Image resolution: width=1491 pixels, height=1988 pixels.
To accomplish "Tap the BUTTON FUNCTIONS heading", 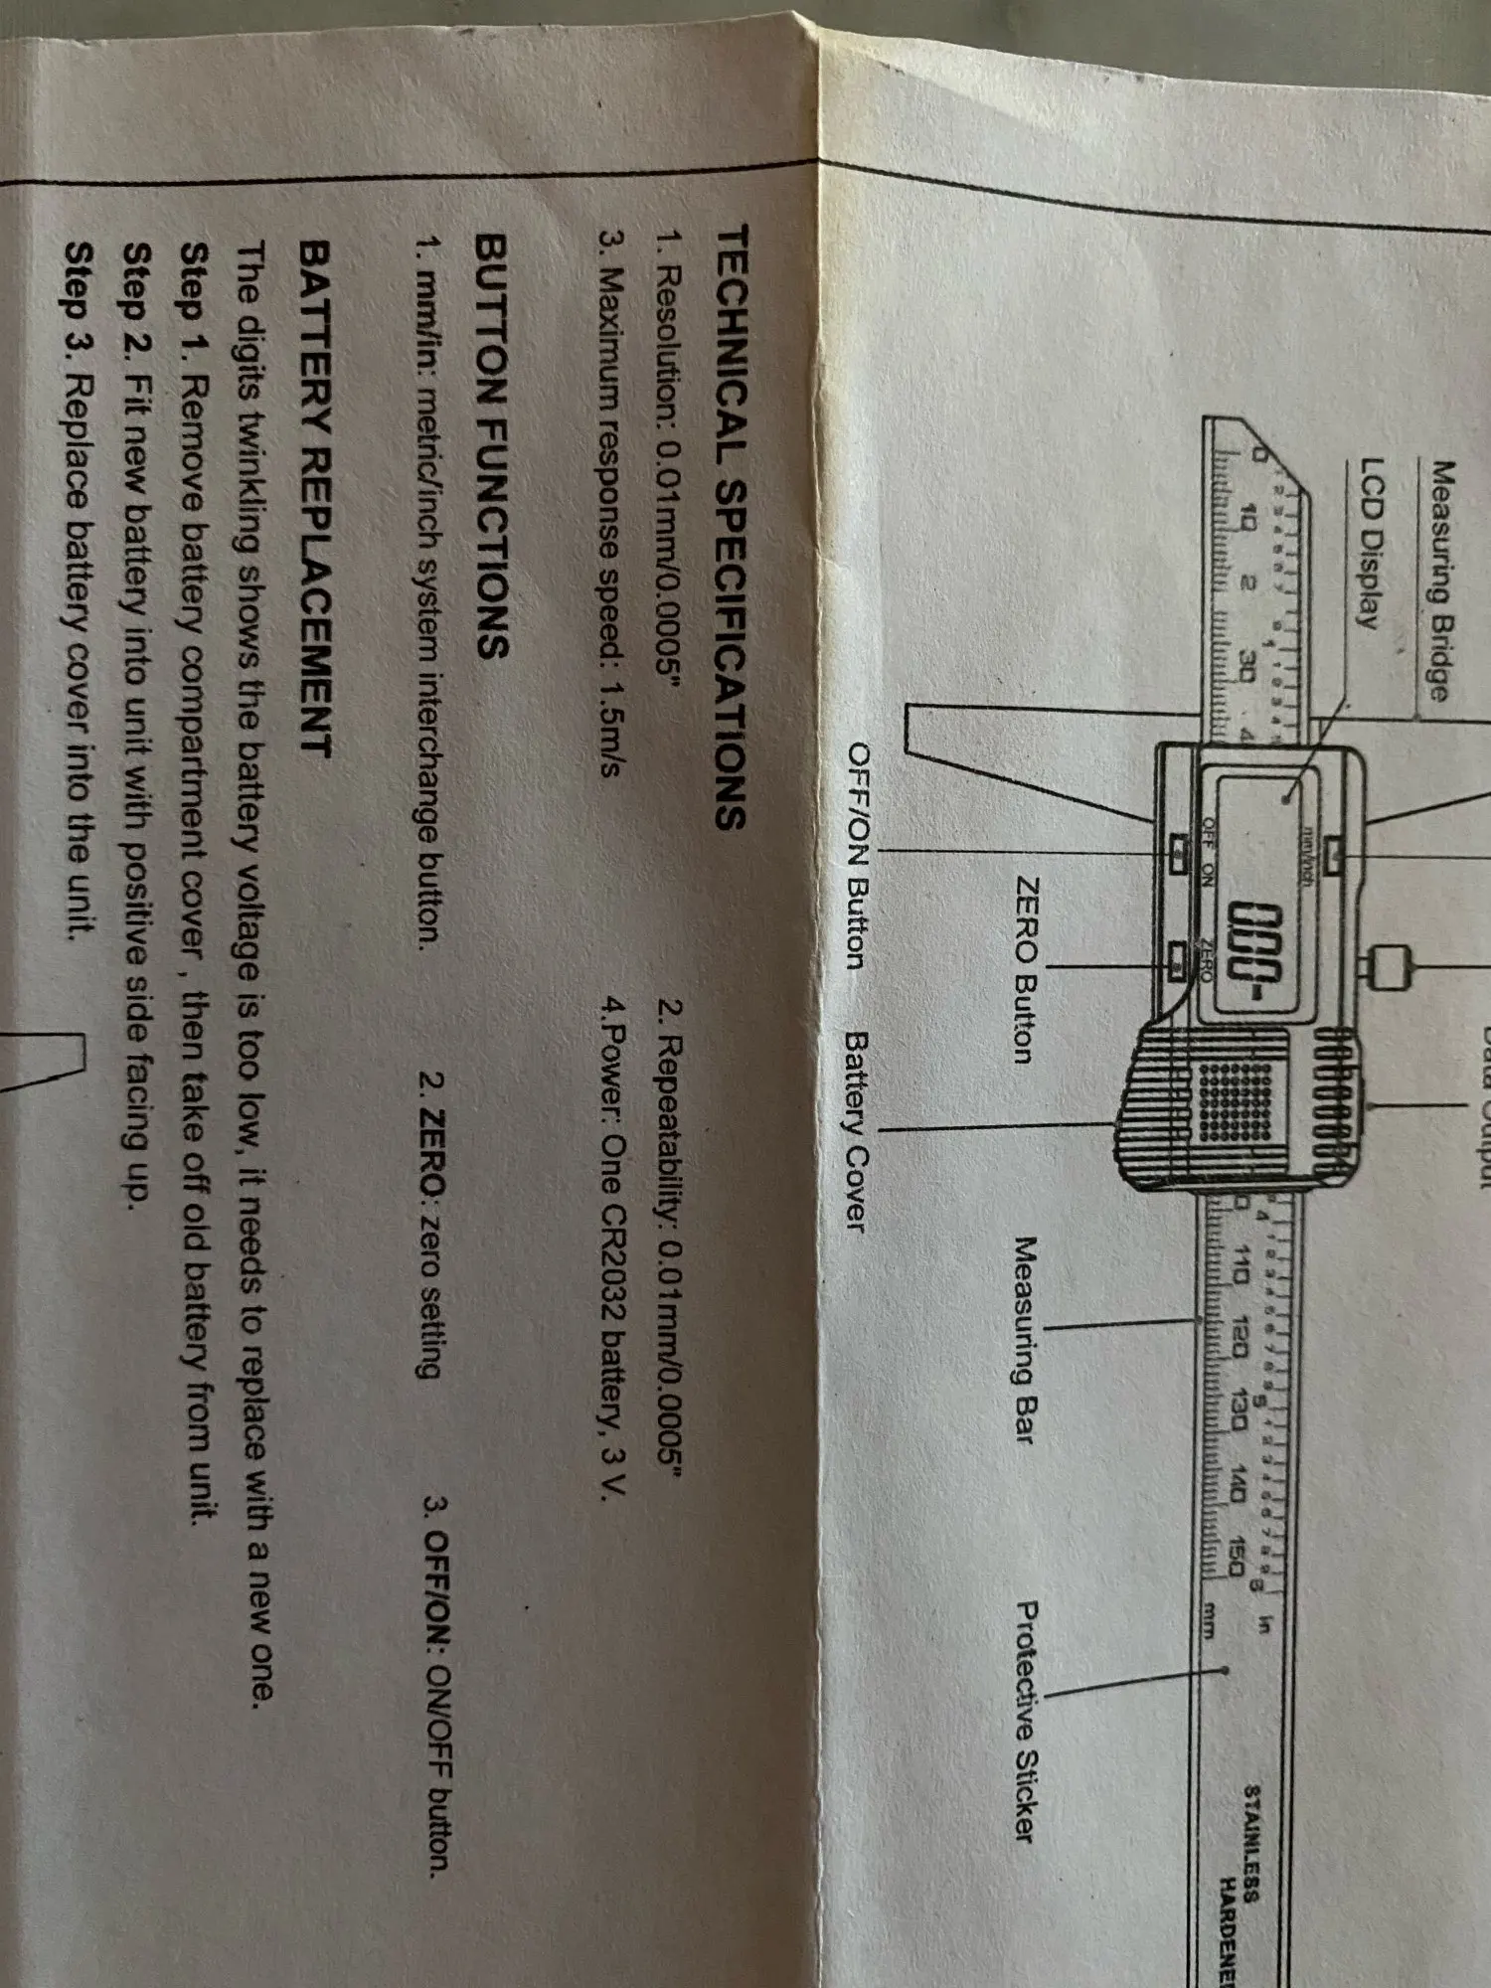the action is pyautogui.click(x=494, y=447).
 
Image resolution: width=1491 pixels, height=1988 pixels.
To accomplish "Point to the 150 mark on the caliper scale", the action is pyautogui.click(x=1234, y=1558).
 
